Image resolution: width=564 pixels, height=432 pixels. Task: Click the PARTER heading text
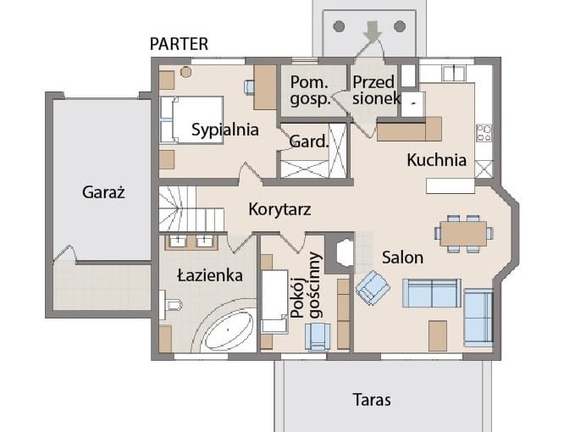pyautogui.click(x=179, y=44)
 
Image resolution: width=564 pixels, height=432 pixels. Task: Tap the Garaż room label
pyautogui.click(x=104, y=192)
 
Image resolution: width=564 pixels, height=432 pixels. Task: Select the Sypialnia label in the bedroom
pyautogui.click(x=224, y=130)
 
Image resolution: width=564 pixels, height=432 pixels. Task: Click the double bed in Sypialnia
pyautogui.click(x=192, y=120)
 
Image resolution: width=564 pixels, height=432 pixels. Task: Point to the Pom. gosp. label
pyautogui.click(x=310, y=91)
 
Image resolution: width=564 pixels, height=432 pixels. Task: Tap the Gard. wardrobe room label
pyautogui.click(x=308, y=142)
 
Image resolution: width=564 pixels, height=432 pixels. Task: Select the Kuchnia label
pyautogui.click(x=436, y=159)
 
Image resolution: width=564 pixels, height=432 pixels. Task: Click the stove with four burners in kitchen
pyautogui.click(x=484, y=133)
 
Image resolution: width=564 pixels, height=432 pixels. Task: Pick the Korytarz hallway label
pyautogui.click(x=279, y=209)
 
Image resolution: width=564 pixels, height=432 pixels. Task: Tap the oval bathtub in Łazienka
pyautogui.click(x=226, y=331)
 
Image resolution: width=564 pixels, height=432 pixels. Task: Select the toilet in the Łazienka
pyautogui.click(x=171, y=306)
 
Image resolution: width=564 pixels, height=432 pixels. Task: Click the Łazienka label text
pyautogui.click(x=210, y=275)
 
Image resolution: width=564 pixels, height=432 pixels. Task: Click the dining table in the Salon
pyautogui.click(x=463, y=233)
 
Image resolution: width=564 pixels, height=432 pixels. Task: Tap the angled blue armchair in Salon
pyautogui.click(x=373, y=287)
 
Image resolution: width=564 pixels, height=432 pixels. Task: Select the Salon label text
pyautogui.click(x=402, y=258)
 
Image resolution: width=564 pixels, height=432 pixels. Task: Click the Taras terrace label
pyautogui.click(x=372, y=400)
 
